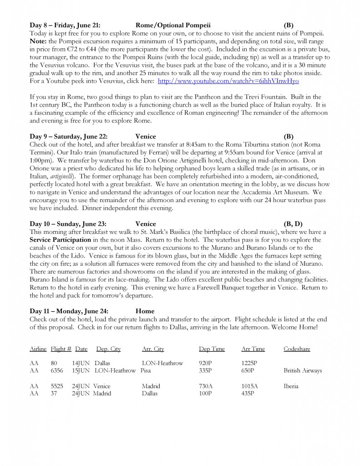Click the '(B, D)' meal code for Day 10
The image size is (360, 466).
click(x=293, y=224)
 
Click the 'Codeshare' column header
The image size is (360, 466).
click(x=297, y=349)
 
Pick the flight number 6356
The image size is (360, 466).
click(x=57, y=370)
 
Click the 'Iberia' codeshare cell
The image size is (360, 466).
click(x=291, y=386)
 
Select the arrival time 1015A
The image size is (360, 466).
click(x=250, y=386)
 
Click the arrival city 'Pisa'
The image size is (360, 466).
click(x=146, y=370)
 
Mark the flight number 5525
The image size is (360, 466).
click(x=57, y=386)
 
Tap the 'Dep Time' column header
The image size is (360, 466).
click(x=212, y=349)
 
